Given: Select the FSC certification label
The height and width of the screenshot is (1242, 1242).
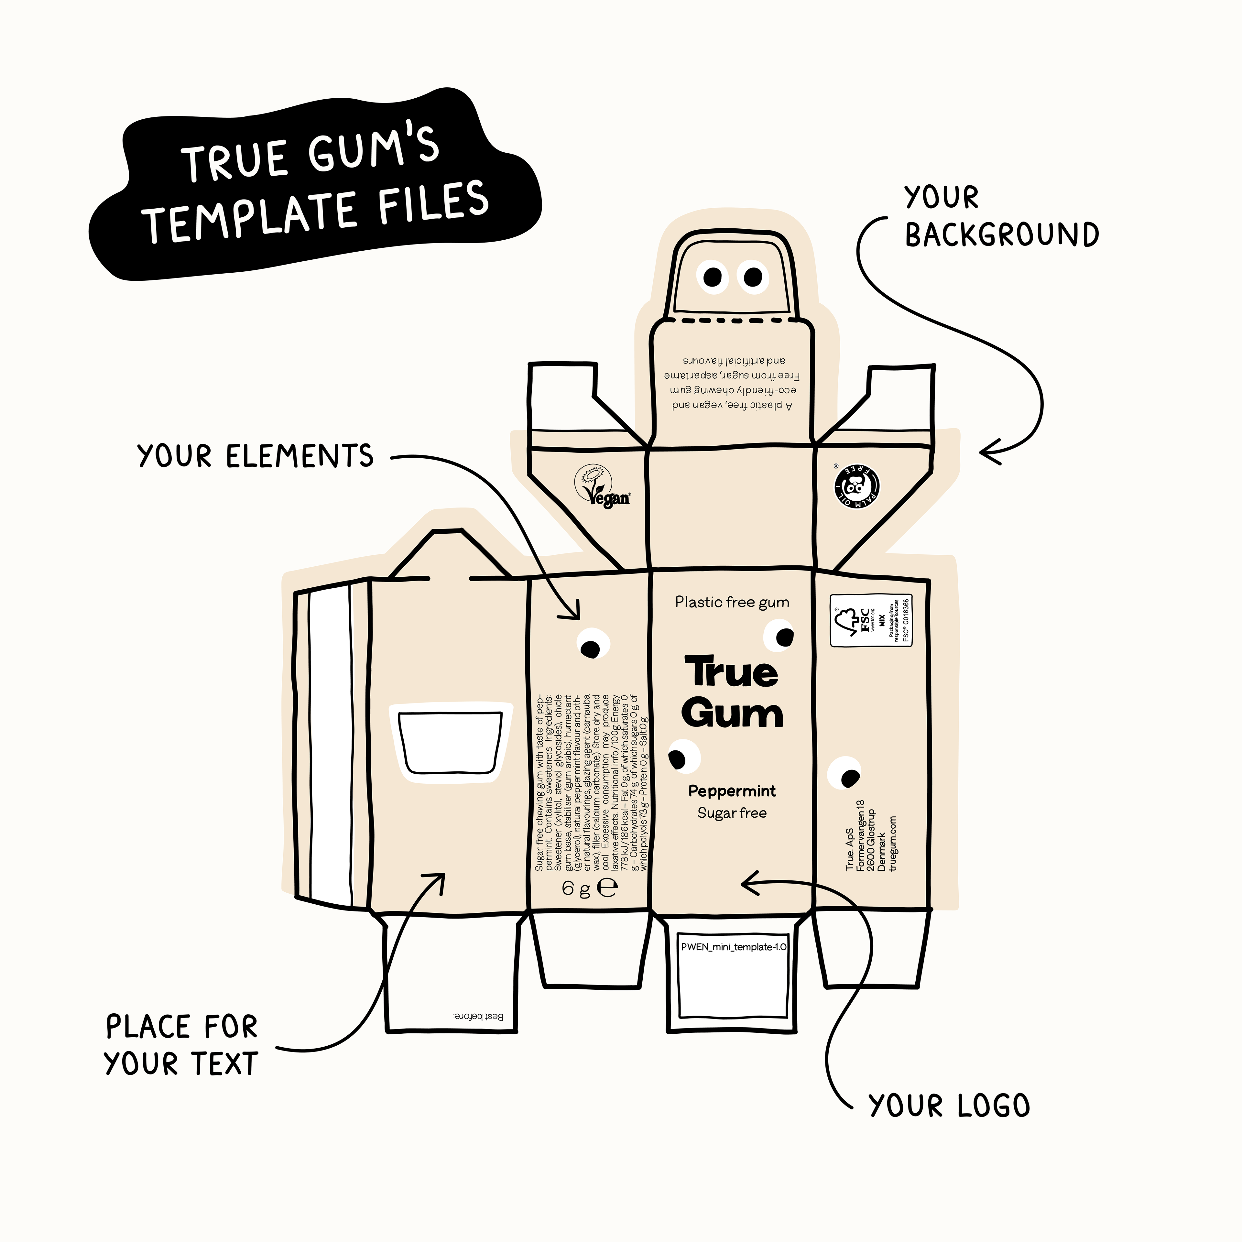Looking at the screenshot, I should (x=872, y=620).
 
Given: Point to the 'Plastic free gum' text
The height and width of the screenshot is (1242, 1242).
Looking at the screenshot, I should (x=732, y=602).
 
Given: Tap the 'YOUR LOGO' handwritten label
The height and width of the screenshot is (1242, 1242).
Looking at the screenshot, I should (x=949, y=1106).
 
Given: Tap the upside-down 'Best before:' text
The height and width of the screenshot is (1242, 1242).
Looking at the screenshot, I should (x=478, y=1016).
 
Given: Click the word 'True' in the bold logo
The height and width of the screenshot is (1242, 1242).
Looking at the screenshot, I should (x=732, y=672).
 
